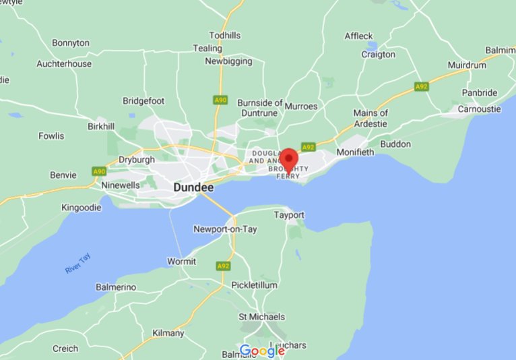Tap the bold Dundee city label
pyautogui.click(x=194, y=187)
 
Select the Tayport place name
pyautogui.click(x=289, y=215)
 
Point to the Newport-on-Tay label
pyautogui.click(x=225, y=229)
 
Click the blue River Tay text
pyautogui.click(x=77, y=264)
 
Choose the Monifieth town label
pyautogui.click(x=355, y=152)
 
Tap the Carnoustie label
pyautogui.click(x=480, y=109)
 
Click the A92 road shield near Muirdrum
pyautogui.click(x=422, y=86)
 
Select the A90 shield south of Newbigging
pyautogui.click(x=220, y=100)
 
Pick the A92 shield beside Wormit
pyautogui.click(x=223, y=266)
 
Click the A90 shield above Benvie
pyautogui.click(x=98, y=171)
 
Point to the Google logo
pyautogui.click(x=262, y=351)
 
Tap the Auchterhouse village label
pyautogui.click(x=64, y=64)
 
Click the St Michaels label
pyautogui.click(x=262, y=316)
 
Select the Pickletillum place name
pyautogui.click(x=254, y=285)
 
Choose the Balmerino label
pyautogui.click(x=116, y=287)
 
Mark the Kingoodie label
pyautogui.click(x=81, y=208)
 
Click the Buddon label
pyautogui.click(x=395, y=144)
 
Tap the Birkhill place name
pyautogui.click(x=101, y=126)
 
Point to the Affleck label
pyautogui.click(x=358, y=36)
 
